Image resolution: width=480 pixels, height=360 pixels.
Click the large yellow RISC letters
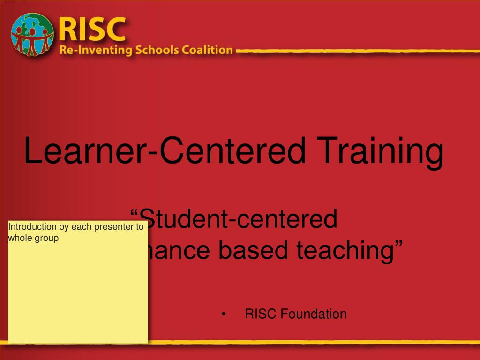pyautogui.click(x=93, y=29)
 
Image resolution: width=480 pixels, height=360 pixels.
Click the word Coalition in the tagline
pyautogui.click(x=207, y=50)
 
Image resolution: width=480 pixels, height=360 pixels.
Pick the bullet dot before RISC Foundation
pyautogui.click(x=225, y=314)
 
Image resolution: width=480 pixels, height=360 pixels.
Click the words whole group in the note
pyautogui.click(x=33, y=238)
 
